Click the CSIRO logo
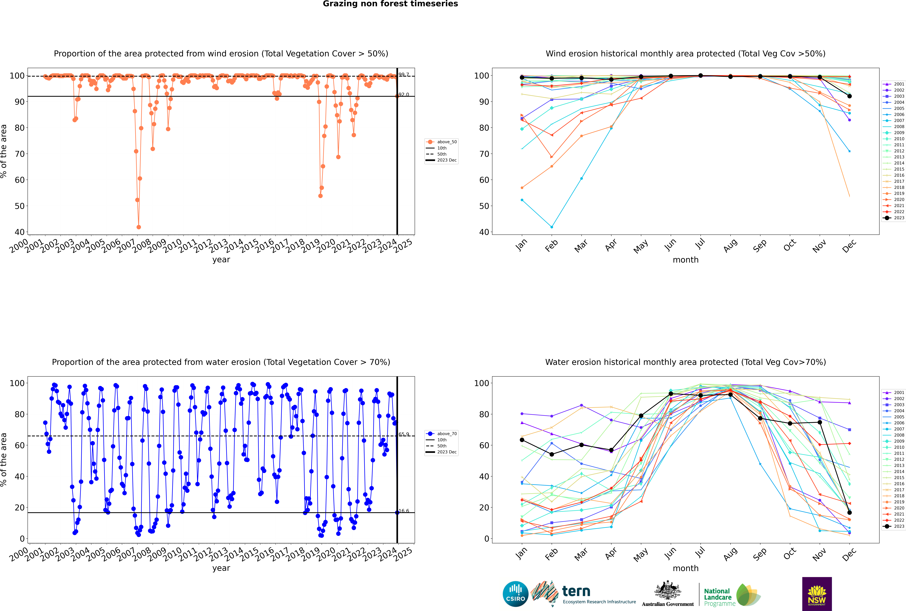pos(515,594)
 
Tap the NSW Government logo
pos(817,594)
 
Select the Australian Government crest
pos(668,594)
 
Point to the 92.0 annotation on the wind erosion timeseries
pos(404,95)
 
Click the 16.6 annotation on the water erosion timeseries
pos(404,511)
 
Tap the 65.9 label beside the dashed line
pos(404,435)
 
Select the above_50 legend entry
pos(441,142)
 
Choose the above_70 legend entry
pos(441,434)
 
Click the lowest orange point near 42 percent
pos(139,227)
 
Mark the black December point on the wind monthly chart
pos(850,96)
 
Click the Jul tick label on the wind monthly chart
pos(700,244)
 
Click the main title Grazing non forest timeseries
pos(390,4)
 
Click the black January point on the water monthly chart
pos(522,440)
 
